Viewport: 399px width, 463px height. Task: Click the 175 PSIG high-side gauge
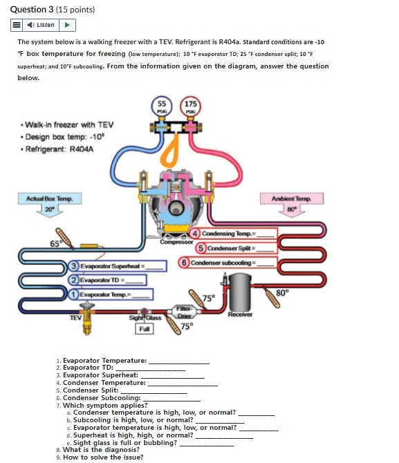(x=190, y=107)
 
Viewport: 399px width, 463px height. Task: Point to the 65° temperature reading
(x=54, y=243)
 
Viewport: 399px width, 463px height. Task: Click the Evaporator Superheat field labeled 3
(x=118, y=266)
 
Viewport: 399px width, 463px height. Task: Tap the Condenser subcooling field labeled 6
(x=228, y=263)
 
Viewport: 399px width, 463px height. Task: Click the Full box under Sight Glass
(x=145, y=330)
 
